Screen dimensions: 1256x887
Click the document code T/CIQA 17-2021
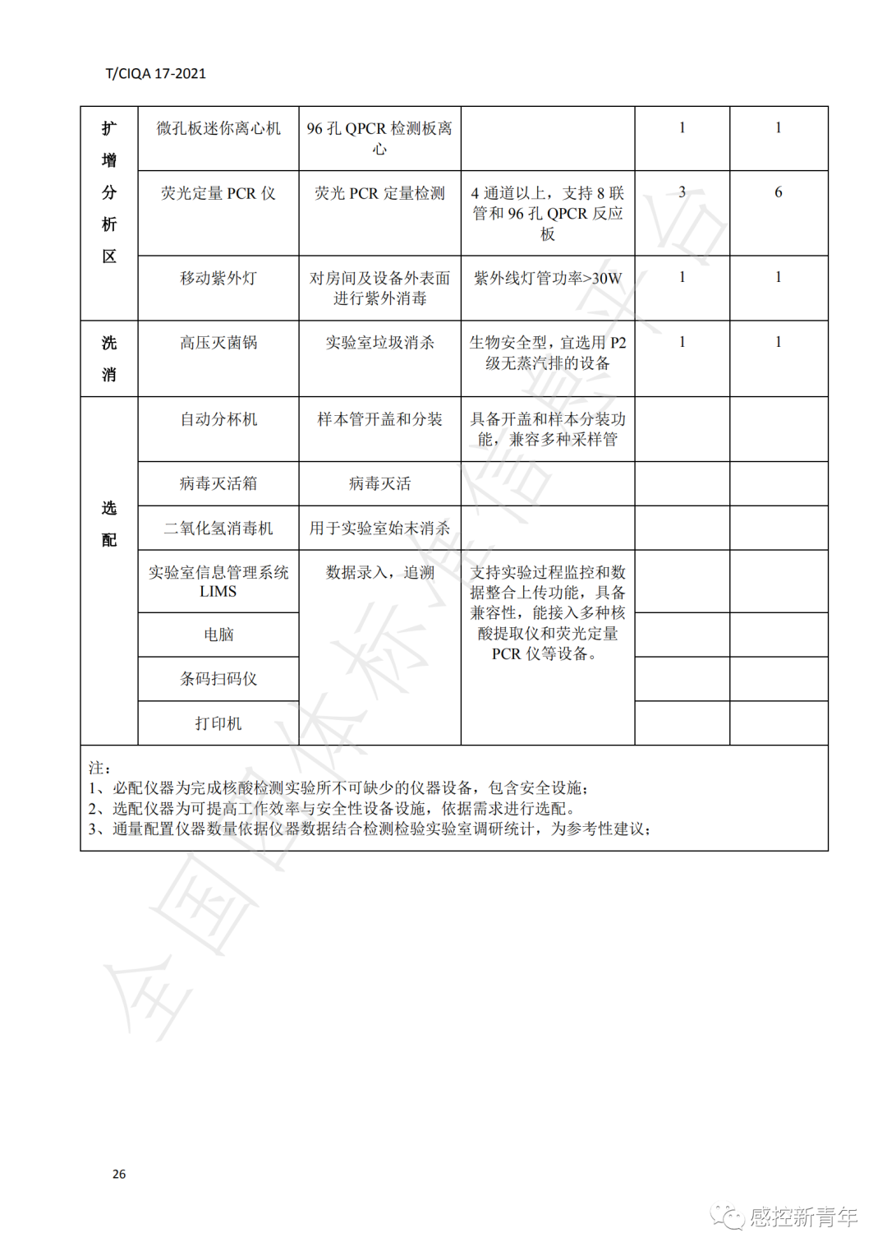[155, 74]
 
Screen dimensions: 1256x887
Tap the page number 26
[119, 1174]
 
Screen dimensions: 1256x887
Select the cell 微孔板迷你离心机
[218, 129]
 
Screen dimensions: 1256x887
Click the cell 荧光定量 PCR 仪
[218, 194]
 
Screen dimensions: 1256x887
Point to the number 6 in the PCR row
[778, 192]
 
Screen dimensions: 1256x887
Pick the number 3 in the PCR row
[682, 192]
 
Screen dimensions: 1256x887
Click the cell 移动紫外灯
[218, 279]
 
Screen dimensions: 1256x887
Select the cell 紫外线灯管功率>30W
[548, 279]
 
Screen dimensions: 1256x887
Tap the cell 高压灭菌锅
[218, 343]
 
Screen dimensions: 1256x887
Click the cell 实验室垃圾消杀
[379, 343]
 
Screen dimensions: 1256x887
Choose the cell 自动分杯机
[218, 420]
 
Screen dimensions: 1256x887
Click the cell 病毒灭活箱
[218, 484]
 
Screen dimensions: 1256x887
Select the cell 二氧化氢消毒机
[218, 529]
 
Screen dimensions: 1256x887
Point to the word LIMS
[218, 592]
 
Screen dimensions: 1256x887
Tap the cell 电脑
[218, 635]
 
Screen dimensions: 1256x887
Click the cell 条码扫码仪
[218, 679]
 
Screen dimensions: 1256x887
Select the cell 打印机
[218, 723]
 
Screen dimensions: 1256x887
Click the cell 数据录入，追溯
[379, 573]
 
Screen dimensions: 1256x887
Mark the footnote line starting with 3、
[370, 829]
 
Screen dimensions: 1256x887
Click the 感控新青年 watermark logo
[784, 1217]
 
